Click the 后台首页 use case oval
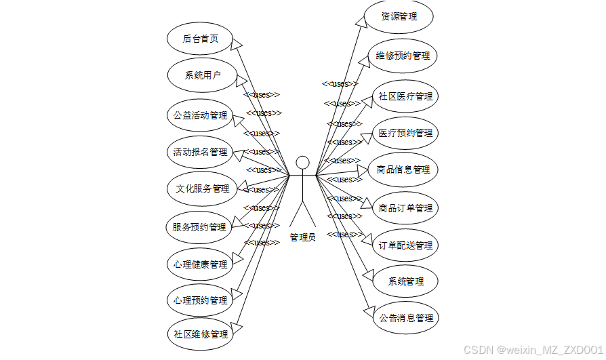201,39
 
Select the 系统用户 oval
202,75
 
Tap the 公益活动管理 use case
200,115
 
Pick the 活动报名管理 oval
200,152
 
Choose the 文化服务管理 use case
202,188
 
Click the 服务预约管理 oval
200,227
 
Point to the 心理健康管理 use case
200,264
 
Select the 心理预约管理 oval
200,300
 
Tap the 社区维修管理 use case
200,334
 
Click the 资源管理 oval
399,17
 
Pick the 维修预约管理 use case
403,56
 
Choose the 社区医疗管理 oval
405,96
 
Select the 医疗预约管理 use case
405,133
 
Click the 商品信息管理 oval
403,169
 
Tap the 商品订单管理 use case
405,208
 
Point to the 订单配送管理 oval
405,245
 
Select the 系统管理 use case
405,281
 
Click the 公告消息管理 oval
405,317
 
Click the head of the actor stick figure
302,163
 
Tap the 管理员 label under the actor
302,237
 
